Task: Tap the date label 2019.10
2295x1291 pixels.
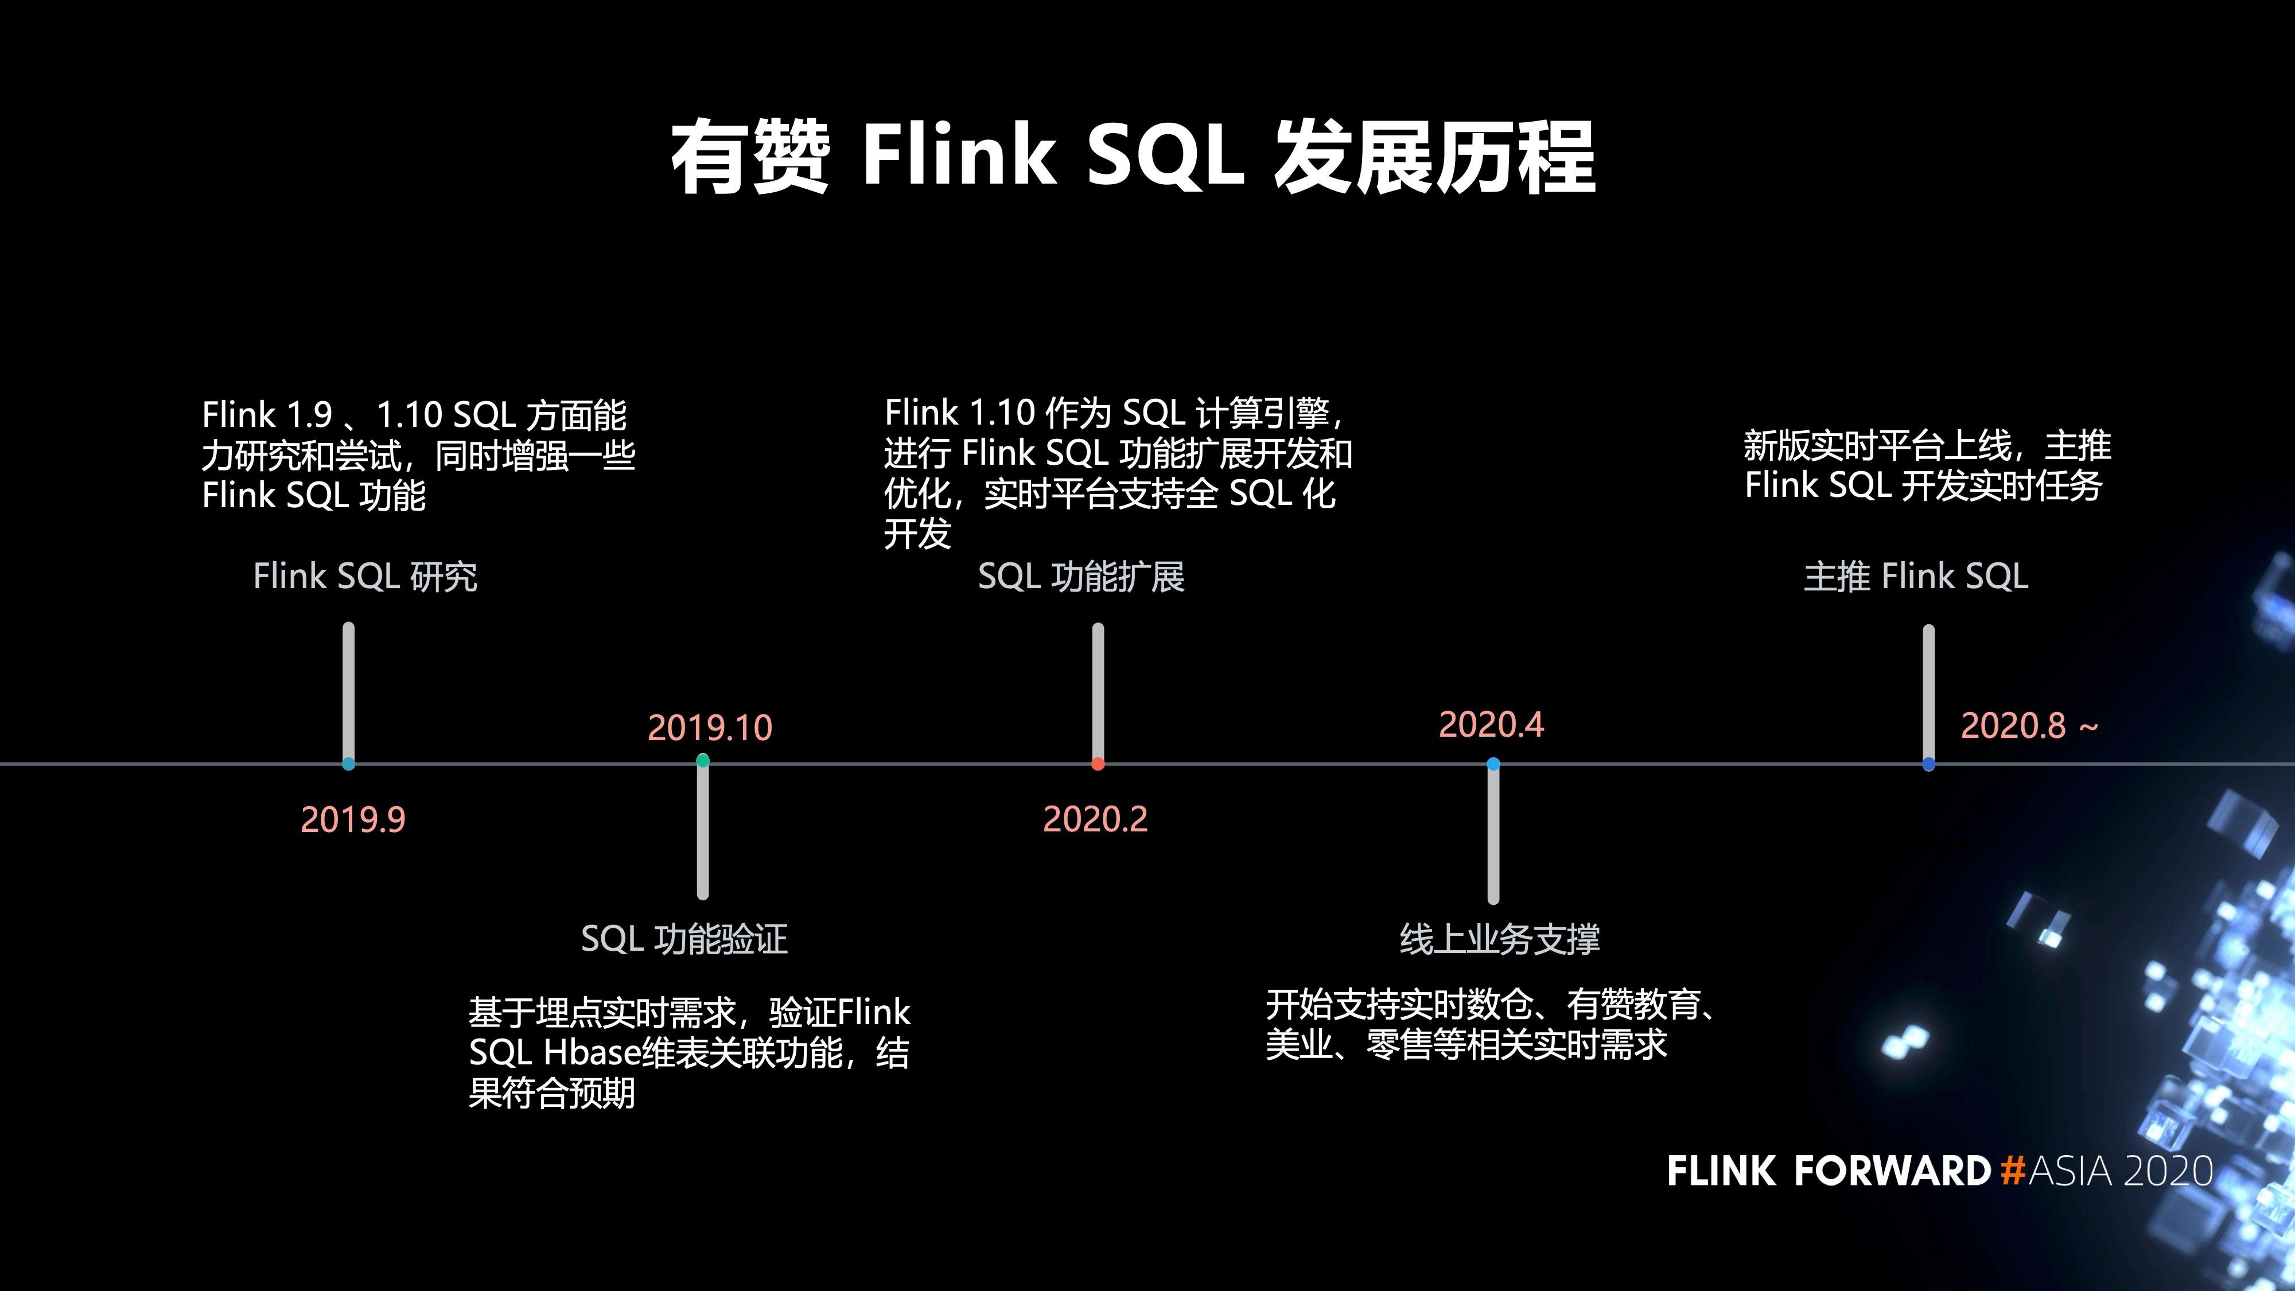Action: (x=710, y=728)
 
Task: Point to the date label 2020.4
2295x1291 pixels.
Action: (x=1491, y=724)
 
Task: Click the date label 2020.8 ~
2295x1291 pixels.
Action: (x=2029, y=726)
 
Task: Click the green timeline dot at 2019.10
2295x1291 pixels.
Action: (x=703, y=761)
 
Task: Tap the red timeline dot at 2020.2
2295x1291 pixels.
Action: (x=1098, y=764)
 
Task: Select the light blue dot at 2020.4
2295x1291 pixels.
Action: (x=1493, y=764)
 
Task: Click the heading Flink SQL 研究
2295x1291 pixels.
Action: (x=365, y=577)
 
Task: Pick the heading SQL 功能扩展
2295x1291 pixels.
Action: (x=1081, y=577)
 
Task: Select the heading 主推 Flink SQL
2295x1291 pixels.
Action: (x=1916, y=577)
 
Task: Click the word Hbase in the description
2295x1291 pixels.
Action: (x=592, y=1053)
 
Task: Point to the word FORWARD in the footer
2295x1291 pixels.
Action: (x=1892, y=1171)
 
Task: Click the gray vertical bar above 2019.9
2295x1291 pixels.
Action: (x=348, y=690)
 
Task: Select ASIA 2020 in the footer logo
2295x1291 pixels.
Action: (x=2121, y=1171)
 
